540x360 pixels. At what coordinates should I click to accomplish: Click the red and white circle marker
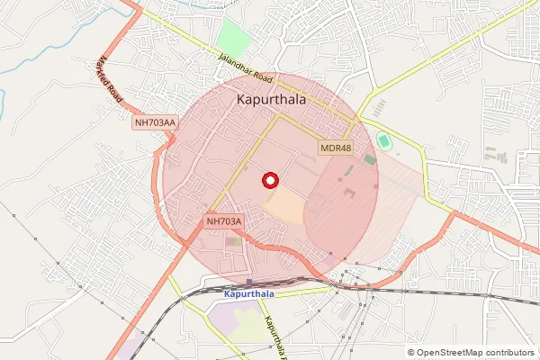coord(268,179)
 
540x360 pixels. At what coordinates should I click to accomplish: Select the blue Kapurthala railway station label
coord(250,294)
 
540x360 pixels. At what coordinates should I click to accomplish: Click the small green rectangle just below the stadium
coord(370,159)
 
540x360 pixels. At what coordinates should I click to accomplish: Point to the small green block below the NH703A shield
coord(234,241)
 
